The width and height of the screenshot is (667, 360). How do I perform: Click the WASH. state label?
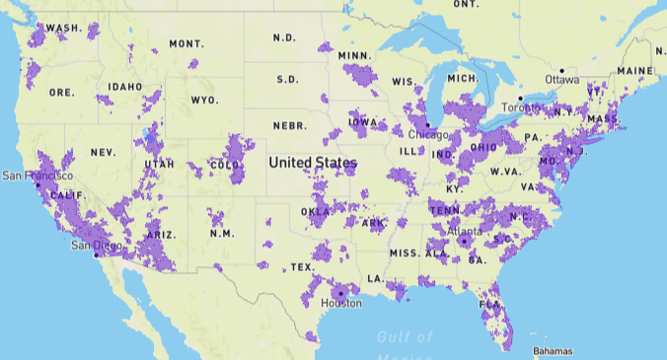pyautogui.click(x=64, y=29)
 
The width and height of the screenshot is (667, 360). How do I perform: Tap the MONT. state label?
pyautogui.click(x=185, y=44)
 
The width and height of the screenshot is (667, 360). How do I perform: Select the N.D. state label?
pyautogui.click(x=284, y=37)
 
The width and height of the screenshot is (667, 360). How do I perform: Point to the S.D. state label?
pyautogui.click(x=287, y=79)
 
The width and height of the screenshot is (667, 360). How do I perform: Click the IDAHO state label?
pyautogui.click(x=125, y=87)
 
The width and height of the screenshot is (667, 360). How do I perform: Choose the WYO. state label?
pyautogui.click(x=204, y=101)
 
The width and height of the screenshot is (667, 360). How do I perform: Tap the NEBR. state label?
pyautogui.click(x=289, y=126)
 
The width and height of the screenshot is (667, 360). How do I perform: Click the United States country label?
pyautogui.click(x=313, y=162)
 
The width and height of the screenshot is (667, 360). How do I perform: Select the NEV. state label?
pyautogui.click(x=103, y=153)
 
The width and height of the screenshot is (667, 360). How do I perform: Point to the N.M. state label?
pyautogui.click(x=222, y=234)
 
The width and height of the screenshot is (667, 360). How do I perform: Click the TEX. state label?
pyautogui.click(x=302, y=267)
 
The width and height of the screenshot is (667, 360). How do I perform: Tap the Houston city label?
pyautogui.click(x=341, y=304)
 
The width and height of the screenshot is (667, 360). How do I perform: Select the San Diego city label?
pyautogui.click(x=96, y=246)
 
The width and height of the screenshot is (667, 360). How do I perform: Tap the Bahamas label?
pyautogui.click(x=552, y=351)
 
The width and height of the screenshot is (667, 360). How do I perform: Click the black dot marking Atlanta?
pyautogui.click(x=463, y=240)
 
